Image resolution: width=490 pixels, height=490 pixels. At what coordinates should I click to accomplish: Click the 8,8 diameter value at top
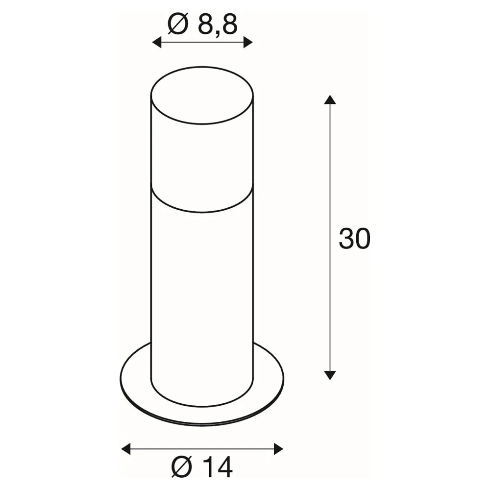click(x=218, y=25)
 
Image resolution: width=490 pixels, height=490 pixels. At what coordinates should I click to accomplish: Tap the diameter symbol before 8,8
click(x=178, y=24)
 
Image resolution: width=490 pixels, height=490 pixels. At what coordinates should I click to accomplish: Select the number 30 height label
click(x=354, y=239)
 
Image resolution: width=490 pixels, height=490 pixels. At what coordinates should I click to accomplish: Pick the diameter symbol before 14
click(x=182, y=467)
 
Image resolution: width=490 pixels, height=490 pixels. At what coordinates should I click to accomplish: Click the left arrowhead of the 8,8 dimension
click(x=157, y=42)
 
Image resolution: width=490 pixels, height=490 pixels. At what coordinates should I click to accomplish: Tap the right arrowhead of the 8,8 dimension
click(x=248, y=42)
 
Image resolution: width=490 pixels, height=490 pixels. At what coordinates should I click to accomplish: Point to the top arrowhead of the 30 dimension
click(x=330, y=99)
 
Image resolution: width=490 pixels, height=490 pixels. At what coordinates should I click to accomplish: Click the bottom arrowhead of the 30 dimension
click(x=330, y=375)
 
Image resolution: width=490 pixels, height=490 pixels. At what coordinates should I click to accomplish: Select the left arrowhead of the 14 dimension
click(x=126, y=449)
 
